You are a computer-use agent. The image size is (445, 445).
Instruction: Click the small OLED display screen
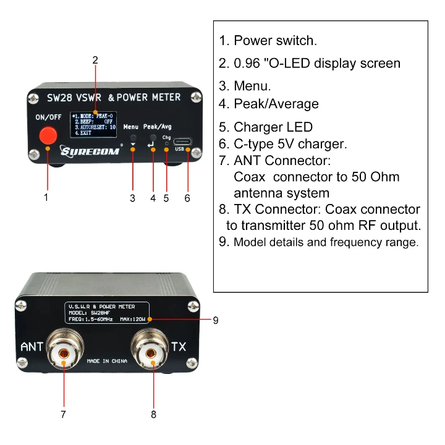(x=93, y=125)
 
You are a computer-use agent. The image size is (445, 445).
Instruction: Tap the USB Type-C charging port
(x=182, y=142)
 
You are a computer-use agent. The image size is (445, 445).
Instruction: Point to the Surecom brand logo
(x=90, y=151)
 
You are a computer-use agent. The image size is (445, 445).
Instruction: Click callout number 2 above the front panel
(x=95, y=60)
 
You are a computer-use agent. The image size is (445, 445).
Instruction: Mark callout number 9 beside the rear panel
(x=216, y=320)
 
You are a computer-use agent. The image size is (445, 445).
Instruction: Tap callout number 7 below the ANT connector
(x=63, y=414)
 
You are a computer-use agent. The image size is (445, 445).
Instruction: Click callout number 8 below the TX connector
(x=153, y=415)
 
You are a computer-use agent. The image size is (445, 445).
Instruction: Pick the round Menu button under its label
(x=133, y=138)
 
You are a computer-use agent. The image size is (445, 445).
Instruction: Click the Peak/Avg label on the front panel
(x=157, y=127)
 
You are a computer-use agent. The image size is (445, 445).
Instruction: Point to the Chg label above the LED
(x=167, y=138)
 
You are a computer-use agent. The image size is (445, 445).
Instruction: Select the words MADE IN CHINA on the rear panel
(x=107, y=361)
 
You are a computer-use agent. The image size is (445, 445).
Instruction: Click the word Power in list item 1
(x=253, y=41)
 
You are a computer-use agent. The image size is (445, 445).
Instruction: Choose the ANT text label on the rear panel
(x=32, y=347)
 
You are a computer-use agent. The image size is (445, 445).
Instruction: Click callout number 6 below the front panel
(x=187, y=198)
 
